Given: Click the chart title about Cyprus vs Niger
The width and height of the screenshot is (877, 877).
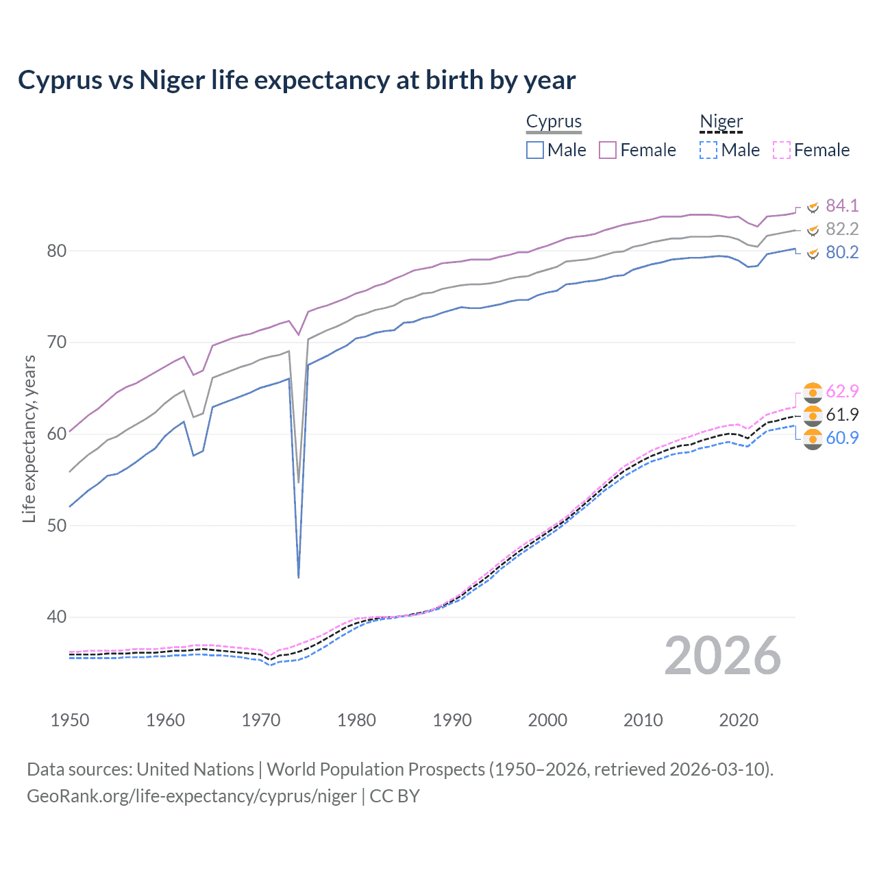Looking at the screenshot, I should click(297, 80).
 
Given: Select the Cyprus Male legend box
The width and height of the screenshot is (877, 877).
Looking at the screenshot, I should click(535, 150).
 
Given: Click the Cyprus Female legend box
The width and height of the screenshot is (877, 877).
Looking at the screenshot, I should click(608, 150).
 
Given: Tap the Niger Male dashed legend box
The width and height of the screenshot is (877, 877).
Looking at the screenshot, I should click(708, 150).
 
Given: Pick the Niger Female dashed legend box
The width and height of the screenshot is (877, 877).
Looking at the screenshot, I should click(781, 150).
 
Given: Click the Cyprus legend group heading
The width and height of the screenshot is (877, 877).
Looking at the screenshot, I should click(554, 121).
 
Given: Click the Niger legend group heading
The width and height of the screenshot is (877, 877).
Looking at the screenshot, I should click(721, 121).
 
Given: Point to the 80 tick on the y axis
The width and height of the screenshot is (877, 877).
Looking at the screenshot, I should click(57, 251).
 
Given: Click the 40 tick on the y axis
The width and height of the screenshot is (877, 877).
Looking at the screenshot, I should click(57, 617).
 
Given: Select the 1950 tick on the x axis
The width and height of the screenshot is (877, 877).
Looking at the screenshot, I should click(70, 720).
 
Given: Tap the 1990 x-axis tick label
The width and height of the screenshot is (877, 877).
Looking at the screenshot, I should click(452, 720).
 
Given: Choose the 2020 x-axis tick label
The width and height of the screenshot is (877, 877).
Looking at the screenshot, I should click(739, 720).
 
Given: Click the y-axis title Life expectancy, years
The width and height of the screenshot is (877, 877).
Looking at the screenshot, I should click(29, 438).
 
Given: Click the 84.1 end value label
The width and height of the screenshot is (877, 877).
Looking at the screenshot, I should click(842, 206).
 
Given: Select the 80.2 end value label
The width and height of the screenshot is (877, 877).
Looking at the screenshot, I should click(842, 252).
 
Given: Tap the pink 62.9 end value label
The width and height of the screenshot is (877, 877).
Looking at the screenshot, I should click(842, 391).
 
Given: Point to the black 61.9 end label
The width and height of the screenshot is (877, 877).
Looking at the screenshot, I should click(842, 415).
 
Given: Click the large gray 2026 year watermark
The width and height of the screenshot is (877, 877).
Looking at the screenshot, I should click(723, 656).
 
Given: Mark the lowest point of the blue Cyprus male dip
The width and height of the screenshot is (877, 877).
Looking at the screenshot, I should click(299, 578).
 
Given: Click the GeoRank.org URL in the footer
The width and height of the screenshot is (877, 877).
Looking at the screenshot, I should click(192, 796).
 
